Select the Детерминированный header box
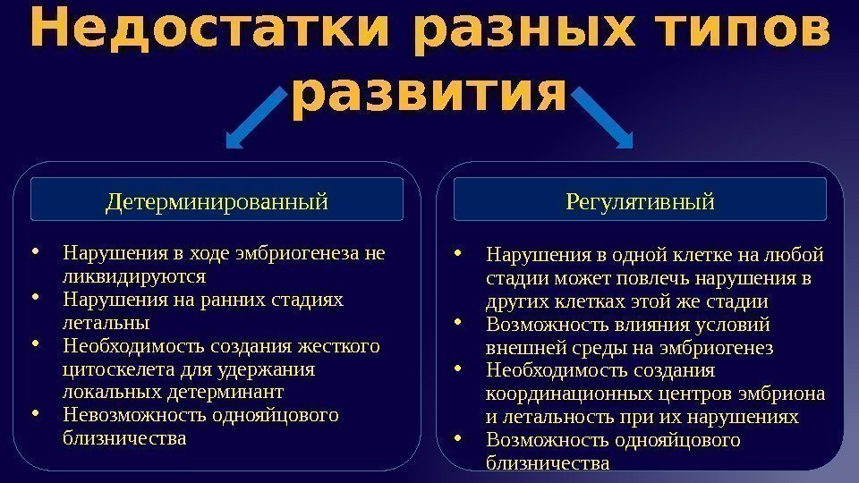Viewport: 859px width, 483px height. (x=217, y=200)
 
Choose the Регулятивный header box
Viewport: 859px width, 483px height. (x=641, y=200)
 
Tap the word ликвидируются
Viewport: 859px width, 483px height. (x=135, y=275)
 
